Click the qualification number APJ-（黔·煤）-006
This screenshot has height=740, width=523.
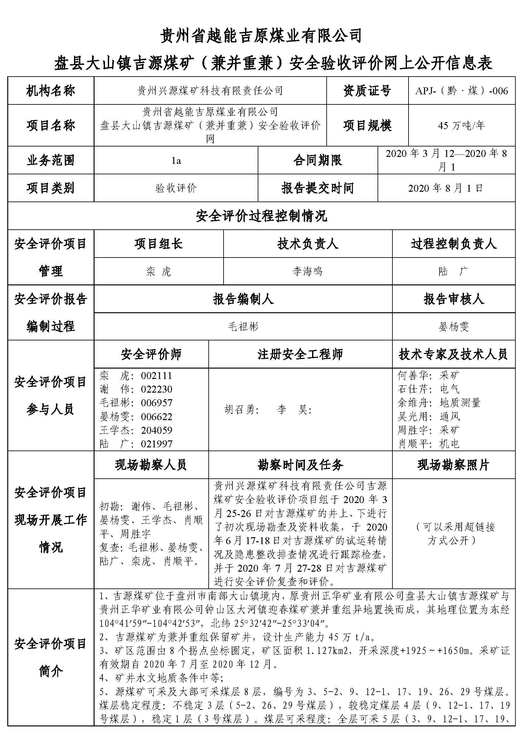[461, 91]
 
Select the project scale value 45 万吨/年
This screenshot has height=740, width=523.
[461, 125]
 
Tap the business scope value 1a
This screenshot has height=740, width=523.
[176, 160]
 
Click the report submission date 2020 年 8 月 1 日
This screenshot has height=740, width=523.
[446, 188]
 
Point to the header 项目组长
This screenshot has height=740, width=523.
[158, 244]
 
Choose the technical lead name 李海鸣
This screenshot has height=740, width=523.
[308, 271]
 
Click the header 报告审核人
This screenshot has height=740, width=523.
[453, 299]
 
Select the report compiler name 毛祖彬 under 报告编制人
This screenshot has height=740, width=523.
[243, 327]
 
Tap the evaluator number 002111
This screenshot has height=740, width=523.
[157, 376]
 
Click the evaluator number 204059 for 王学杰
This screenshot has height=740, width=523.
[157, 430]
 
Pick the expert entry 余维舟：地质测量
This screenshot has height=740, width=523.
[439, 403]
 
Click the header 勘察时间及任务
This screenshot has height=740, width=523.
[300, 465]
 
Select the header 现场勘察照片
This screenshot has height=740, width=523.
[453, 465]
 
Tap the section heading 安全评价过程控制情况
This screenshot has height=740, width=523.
[261, 216]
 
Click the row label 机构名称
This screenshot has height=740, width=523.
[51, 91]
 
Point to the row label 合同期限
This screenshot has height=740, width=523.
[317, 160]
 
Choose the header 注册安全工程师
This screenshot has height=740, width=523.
[300, 354]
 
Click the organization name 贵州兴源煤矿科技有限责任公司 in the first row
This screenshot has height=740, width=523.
[210, 91]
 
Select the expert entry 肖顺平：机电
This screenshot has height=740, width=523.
[428, 444]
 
